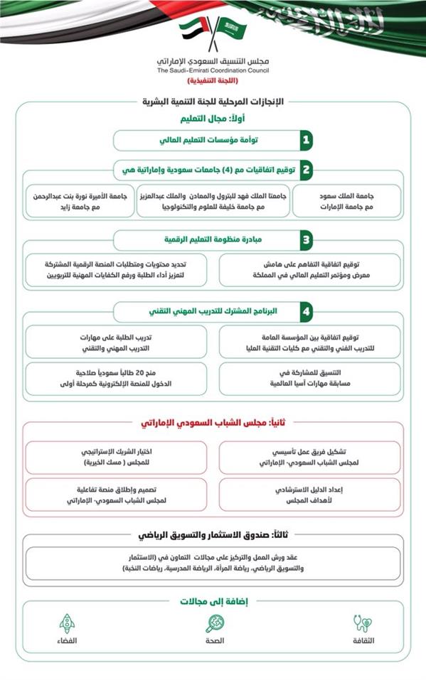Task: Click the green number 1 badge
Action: point(306,139)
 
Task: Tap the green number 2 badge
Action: point(306,171)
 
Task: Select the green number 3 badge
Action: point(306,239)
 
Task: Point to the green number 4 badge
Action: point(306,311)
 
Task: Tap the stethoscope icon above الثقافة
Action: point(363,623)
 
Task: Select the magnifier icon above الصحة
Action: point(215,623)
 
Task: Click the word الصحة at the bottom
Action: point(215,641)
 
